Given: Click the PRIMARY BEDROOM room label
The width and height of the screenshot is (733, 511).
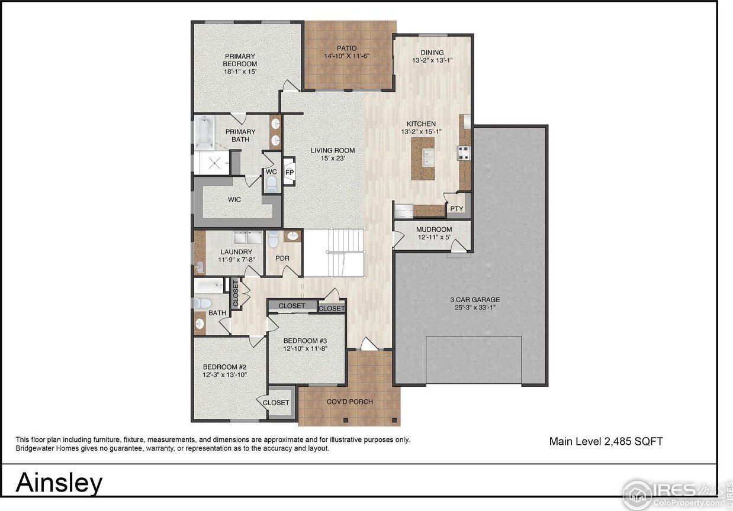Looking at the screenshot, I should click(240, 60).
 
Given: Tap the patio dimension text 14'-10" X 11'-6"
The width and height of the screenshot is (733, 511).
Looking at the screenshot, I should click(347, 56).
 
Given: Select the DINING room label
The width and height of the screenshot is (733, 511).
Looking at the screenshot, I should click(432, 52).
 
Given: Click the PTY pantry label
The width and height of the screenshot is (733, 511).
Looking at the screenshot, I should click(456, 209).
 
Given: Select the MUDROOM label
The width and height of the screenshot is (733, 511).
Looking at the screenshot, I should click(433, 229).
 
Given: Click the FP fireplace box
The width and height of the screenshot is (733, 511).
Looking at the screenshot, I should click(290, 172).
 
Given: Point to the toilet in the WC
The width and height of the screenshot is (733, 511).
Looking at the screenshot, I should click(271, 185).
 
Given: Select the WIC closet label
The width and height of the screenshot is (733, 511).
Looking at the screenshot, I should click(234, 199).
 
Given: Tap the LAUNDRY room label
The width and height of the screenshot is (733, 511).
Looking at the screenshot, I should click(220, 252).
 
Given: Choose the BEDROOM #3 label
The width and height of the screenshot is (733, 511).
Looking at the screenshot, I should click(305, 341).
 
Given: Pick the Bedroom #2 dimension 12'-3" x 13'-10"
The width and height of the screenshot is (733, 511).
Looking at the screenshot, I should click(224, 375).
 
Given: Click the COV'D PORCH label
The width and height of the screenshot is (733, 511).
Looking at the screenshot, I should click(350, 402).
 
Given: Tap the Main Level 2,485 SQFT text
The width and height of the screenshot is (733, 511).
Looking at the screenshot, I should click(606, 441).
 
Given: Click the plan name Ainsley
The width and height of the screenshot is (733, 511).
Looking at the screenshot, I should click(59, 483).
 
